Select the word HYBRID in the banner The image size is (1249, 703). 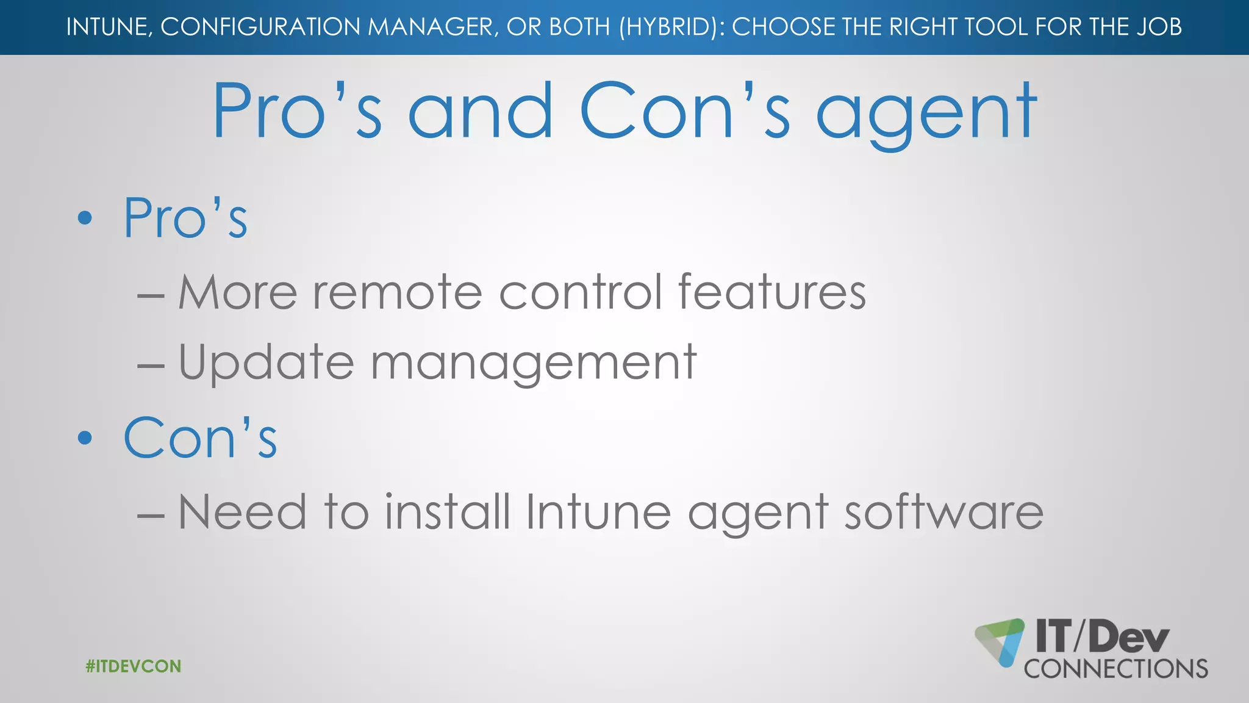[669, 27]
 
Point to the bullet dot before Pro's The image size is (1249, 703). [85, 218]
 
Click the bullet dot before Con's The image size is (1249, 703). [85, 437]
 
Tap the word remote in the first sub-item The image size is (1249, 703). [398, 292]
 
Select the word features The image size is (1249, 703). [771, 292]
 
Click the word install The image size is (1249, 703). [448, 511]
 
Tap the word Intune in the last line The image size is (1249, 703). [598, 511]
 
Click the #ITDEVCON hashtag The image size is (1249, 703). [134, 666]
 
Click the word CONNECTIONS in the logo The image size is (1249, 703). [1115, 669]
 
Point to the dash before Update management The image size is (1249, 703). [151, 366]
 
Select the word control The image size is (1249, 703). [580, 292]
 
